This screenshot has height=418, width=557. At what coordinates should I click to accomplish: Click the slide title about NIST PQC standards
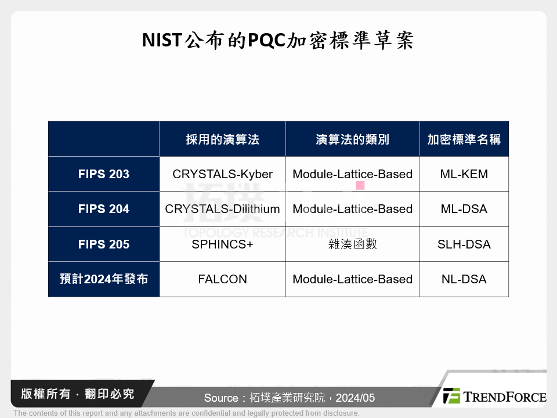coord(278,41)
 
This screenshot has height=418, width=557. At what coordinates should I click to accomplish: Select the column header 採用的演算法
coord(222,139)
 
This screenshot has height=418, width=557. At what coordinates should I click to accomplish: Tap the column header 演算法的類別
coord(352,139)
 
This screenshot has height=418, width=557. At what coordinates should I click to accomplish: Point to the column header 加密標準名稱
coord(464,139)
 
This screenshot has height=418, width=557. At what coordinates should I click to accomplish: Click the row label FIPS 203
coord(104,174)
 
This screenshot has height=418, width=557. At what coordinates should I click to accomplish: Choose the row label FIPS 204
coord(104,209)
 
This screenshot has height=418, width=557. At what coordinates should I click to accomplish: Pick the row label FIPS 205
coord(104,244)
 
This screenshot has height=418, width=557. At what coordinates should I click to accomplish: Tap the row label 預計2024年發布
coord(104,279)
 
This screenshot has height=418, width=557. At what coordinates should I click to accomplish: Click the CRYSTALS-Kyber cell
coord(222,174)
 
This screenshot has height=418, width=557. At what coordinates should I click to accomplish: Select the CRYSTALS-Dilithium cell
coord(222,209)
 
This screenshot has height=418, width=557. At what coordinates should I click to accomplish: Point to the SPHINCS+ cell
coord(222,244)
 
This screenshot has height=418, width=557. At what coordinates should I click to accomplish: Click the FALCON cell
coord(222,279)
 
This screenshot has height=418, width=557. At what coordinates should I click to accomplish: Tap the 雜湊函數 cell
coord(352,244)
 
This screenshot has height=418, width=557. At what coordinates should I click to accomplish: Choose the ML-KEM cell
coord(464,174)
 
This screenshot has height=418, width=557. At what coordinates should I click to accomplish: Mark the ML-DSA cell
coord(464,209)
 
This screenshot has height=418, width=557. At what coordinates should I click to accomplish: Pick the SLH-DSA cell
coord(464,244)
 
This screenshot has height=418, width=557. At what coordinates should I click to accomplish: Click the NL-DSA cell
coord(464,279)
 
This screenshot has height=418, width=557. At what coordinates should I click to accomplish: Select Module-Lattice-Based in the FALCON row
coord(352,279)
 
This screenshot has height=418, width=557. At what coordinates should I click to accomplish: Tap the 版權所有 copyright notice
coord(77,394)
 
